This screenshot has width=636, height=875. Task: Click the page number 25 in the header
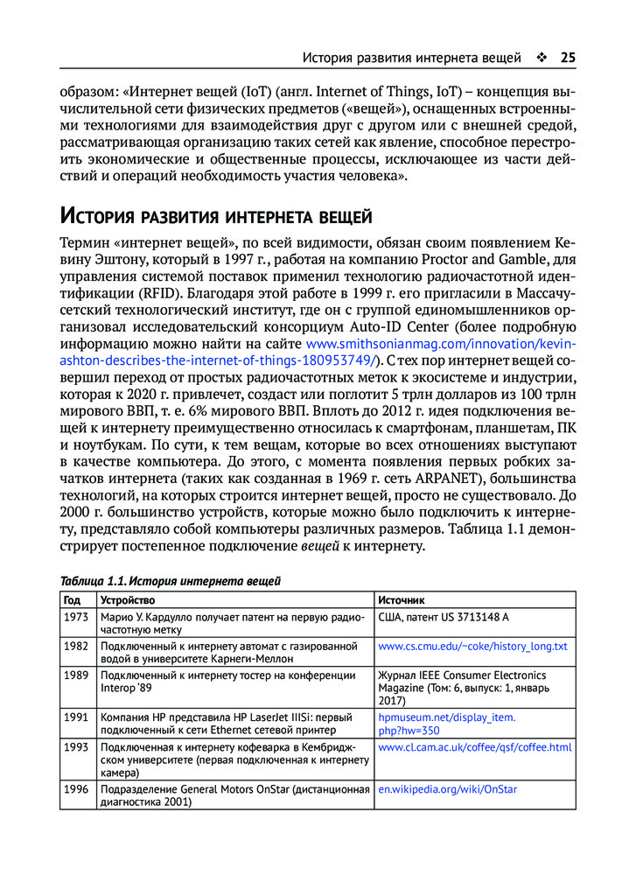coord(567,59)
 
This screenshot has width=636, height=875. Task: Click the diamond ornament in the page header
coord(541,59)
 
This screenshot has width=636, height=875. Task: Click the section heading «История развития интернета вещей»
coord(215,215)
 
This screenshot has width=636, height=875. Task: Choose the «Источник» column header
coord(402,600)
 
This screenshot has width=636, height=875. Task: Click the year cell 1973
coord(75,618)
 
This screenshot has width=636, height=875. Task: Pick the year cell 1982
coord(75,646)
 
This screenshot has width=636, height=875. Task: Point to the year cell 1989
coord(75,675)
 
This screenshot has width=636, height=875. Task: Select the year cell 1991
coord(75,717)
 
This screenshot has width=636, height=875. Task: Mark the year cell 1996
coord(75,788)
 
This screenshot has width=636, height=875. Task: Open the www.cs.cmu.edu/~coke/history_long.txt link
coord(472,646)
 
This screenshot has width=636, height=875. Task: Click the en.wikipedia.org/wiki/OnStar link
coord(447,788)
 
